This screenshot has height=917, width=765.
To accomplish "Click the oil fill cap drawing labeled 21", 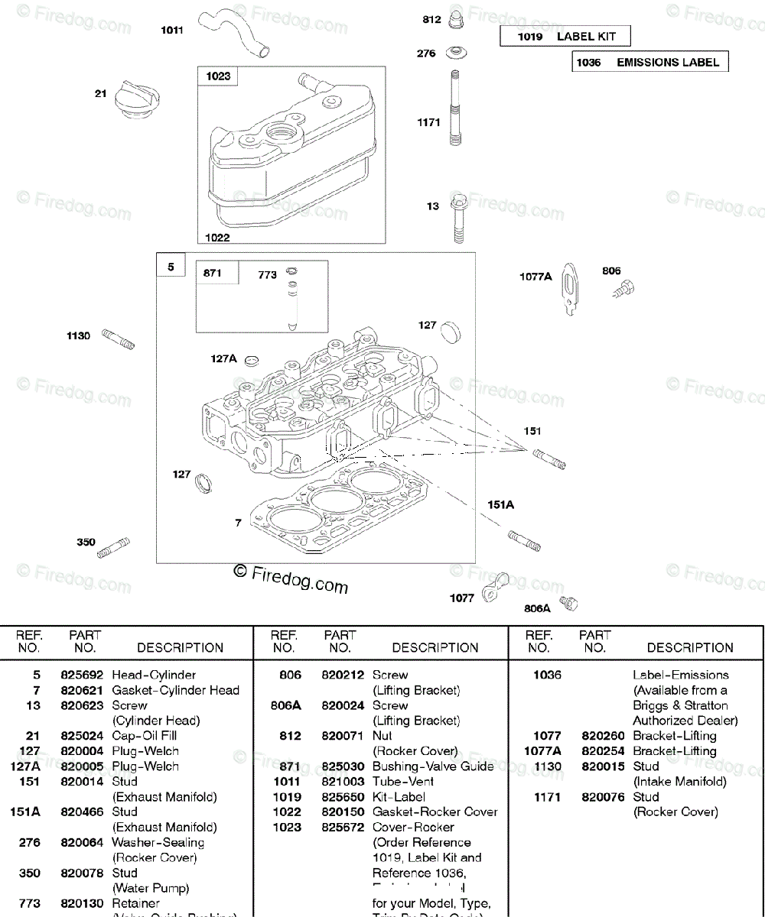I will pyautogui.click(x=138, y=102).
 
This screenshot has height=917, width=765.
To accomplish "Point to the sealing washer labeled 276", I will pyautogui.click(x=454, y=54).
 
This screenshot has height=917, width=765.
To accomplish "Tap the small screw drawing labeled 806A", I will pyautogui.click(x=568, y=604).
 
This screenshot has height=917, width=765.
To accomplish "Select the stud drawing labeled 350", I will pyautogui.click(x=114, y=547).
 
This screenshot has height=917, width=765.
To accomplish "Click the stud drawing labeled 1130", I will pyautogui.click(x=120, y=339).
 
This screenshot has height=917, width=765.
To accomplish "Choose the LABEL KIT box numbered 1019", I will pyautogui.click(x=566, y=36).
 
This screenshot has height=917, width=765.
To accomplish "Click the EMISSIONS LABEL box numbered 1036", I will pyautogui.click(x=649, y=62).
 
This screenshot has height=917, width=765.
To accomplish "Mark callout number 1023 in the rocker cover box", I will pyautogui.click(x=218, y=76).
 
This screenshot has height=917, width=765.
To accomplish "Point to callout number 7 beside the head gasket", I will pyautogui.click(x=238, y=523).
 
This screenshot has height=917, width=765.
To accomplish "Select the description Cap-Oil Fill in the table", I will pyautogui.click(x=145, y=736).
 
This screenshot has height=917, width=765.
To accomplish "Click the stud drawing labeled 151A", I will pyautogui.click(x=525, y=540).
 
